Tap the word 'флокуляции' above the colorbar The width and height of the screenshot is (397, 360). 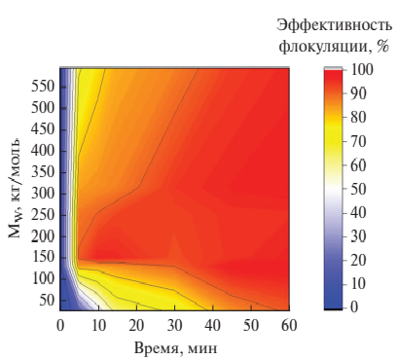[x=320, y=46]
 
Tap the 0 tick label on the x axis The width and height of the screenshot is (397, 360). [x=60, y=324]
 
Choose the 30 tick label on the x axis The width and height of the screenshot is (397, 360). [x=174, y=324]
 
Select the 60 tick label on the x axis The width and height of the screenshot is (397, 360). [x=288, y=324]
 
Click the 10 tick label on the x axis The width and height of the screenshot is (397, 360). [x=98, y=324]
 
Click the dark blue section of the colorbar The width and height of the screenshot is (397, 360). [x=333, y=297]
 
